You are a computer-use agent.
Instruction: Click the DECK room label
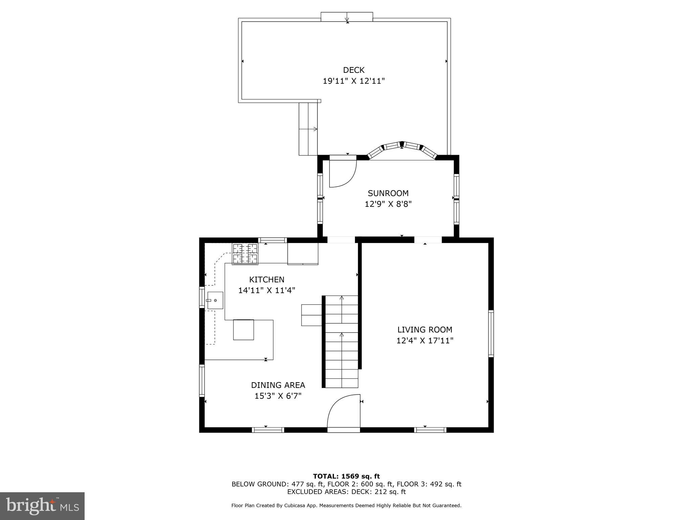coord(354,70)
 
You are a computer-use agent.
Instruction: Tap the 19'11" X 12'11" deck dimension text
coord(354,81)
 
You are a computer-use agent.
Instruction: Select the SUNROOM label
coord(388,193)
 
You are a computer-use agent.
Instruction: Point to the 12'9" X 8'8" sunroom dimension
coord(388,204)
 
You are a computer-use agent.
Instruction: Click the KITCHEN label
coord(267,280)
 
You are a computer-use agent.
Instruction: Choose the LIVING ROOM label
coord(425,330)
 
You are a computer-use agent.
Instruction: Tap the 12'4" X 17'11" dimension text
coord(425,341)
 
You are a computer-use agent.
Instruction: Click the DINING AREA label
coord(278,385)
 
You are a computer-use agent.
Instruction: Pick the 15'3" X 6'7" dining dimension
coord(278,396)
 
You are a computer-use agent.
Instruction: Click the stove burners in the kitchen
coord(245,254)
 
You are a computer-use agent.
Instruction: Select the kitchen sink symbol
coord(215,300)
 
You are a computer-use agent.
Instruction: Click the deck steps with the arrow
coord(308,129)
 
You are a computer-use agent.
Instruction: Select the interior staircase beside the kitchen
coord(341,342)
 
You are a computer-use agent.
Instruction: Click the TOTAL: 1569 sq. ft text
coord(346,477)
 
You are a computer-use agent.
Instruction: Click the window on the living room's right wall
coord(491,333)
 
